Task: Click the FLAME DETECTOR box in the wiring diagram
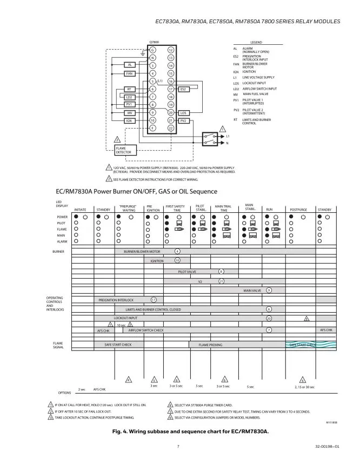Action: pyautogui.click(x=123, y=150)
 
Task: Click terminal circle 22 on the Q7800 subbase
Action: pyautogui.click(x=171, y=128)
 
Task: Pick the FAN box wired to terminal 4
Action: pyautogui.click(x=130, y=73)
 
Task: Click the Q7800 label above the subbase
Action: pyautogui.click(x=154, y=42)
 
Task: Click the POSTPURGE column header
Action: pyautogui.click(x=298, y=209)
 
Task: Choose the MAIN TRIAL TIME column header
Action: pyautogui.click(x=223, y=207)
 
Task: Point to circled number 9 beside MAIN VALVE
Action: pyautogui.click(x=269, y=290)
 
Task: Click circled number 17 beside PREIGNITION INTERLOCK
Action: pyautogui.click(x=154, y=299)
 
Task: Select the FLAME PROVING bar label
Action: pyautogui.click(x=210, y=345)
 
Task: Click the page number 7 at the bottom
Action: pyautogui.click(x=177, y=446)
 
